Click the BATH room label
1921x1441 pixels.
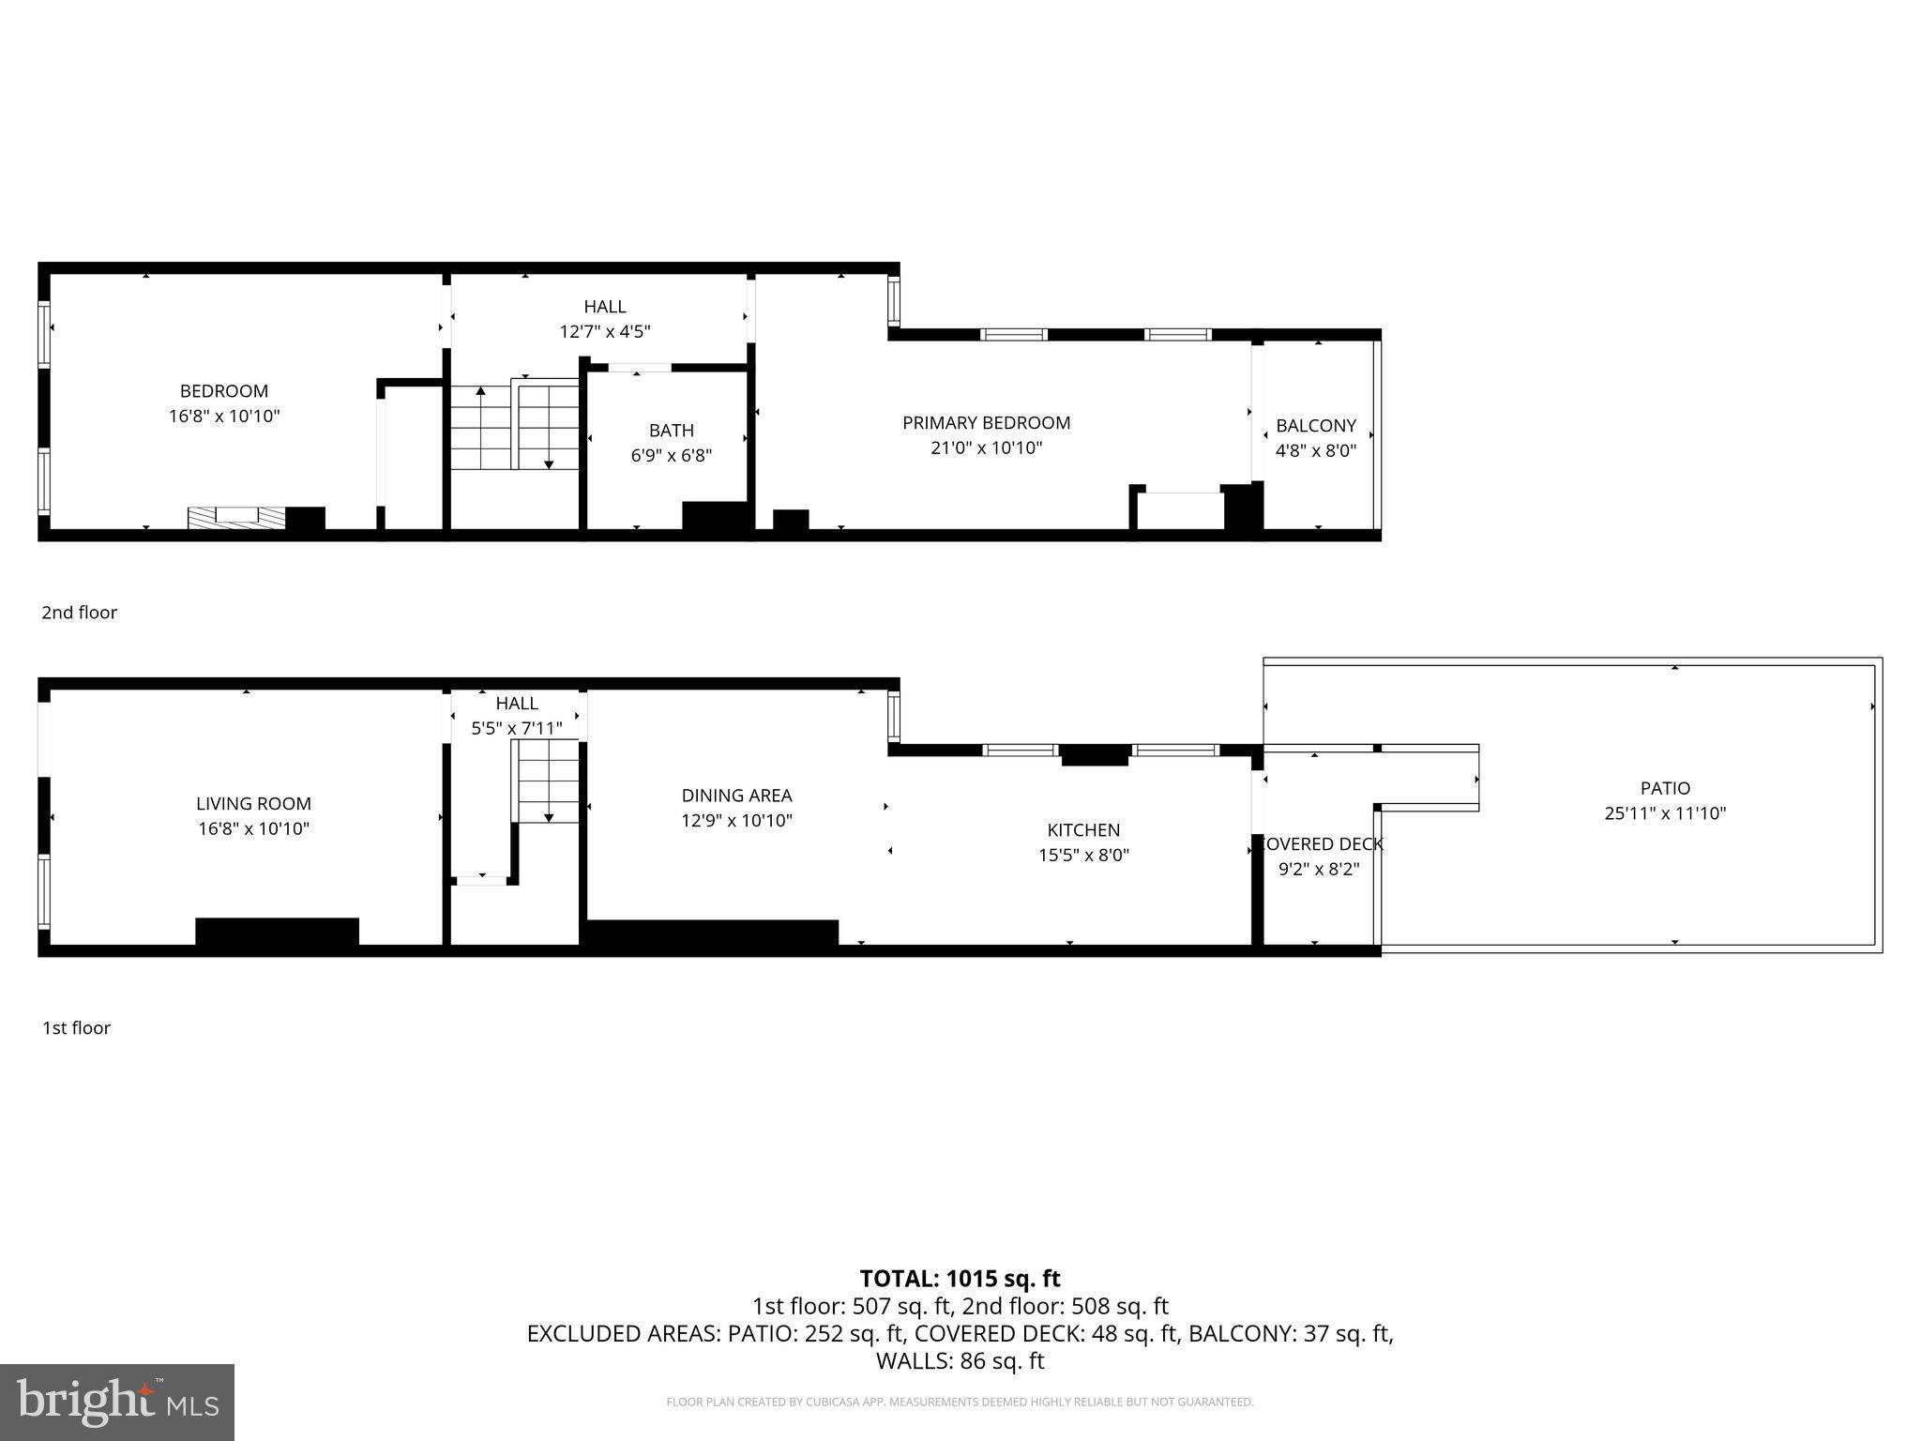point(672,431)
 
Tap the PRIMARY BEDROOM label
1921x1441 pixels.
point(986,423)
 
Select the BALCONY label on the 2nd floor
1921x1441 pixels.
point(1316,426)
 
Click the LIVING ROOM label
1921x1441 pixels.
point(253,804)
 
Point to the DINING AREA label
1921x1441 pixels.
point(736,796)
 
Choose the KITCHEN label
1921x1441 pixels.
point(1083,830)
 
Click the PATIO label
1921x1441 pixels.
point(1665,789)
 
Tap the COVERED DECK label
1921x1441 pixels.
point(1319,844)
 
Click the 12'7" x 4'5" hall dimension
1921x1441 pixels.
point(605,331)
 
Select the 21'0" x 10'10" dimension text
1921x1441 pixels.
point(986,448)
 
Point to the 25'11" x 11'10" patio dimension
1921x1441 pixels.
point(1665,813)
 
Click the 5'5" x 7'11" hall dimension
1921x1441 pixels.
point(517,728)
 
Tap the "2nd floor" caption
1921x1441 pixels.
point(79,613)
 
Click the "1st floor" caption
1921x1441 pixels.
point(76,1028)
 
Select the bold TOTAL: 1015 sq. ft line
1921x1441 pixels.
point(960,1279)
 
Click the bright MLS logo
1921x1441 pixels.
point(117,1402)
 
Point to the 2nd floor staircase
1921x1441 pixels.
point(514,427)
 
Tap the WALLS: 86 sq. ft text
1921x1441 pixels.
point(960,1360)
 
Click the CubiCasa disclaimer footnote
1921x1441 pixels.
point(960,1403)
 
